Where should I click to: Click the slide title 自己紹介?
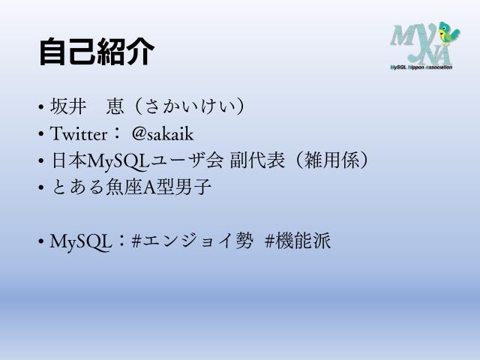click(97, 52)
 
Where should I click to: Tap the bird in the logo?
click(449, 34)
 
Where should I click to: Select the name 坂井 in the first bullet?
click(69, 107)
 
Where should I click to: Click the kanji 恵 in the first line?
click(115, 107)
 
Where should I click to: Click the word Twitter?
click(77, 134)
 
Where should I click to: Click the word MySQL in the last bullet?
click(81, 241)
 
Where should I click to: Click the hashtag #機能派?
click(298, 241)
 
